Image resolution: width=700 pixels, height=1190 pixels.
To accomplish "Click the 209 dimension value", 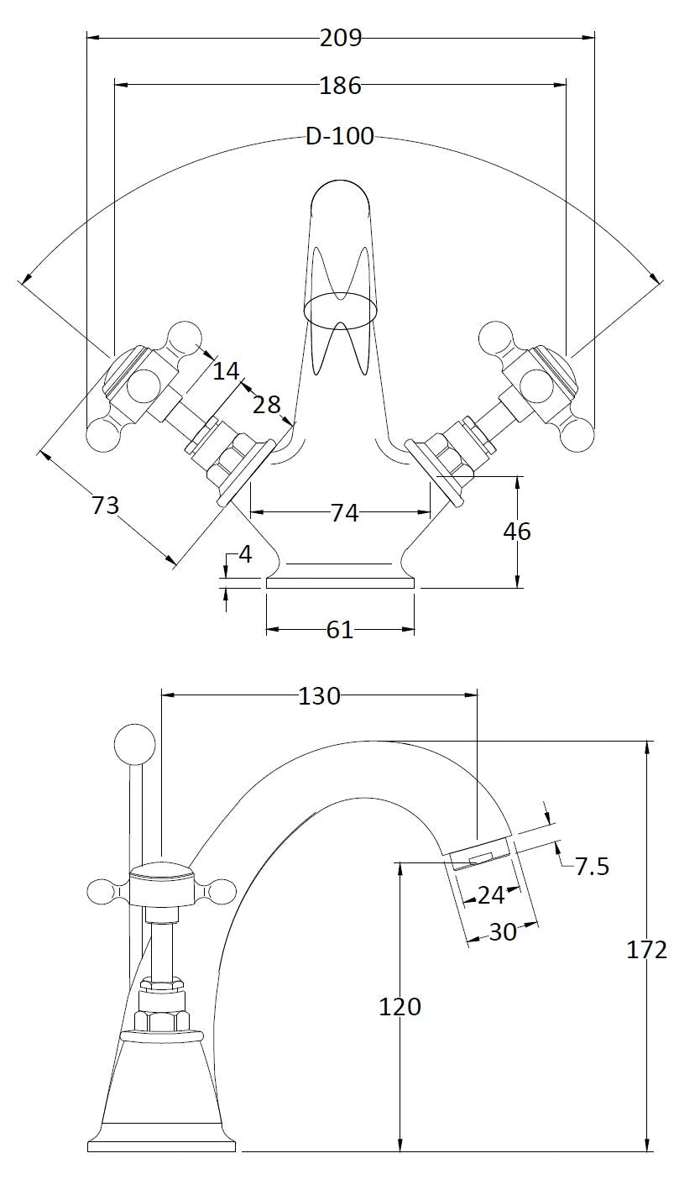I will (x=340, y=38).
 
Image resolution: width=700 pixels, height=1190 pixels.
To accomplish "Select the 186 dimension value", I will (x=340, y=85).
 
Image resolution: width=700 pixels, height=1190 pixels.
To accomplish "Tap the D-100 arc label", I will (x=339, y=137).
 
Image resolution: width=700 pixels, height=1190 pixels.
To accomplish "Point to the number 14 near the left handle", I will (x=225, y=370).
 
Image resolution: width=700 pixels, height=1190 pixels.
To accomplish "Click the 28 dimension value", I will (x=267, y=404).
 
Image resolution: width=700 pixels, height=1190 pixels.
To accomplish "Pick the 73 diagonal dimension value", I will (x=105, y=506).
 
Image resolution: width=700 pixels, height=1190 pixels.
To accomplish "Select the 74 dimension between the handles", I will (x=344, y=512).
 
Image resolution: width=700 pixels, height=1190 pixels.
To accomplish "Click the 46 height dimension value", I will (x=517, y=532).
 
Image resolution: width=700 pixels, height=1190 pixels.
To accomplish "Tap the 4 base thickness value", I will (x=245, y=554).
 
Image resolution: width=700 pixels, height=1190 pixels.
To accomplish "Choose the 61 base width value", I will (x=340, y=629).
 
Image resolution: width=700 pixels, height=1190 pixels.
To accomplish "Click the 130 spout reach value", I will (x=320, y=696).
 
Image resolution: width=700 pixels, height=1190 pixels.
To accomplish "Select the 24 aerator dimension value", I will (x=491, y=895).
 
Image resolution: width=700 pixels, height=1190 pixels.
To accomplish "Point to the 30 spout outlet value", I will (x=503, y=931).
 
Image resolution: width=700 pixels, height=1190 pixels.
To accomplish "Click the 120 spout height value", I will (x=400, y=1006).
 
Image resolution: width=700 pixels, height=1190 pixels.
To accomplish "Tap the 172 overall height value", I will (x=647, y=950).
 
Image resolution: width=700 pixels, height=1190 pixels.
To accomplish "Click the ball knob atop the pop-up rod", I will (x=134, y=744).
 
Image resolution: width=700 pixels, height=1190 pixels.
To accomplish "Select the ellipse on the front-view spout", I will (x=341, y=308).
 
